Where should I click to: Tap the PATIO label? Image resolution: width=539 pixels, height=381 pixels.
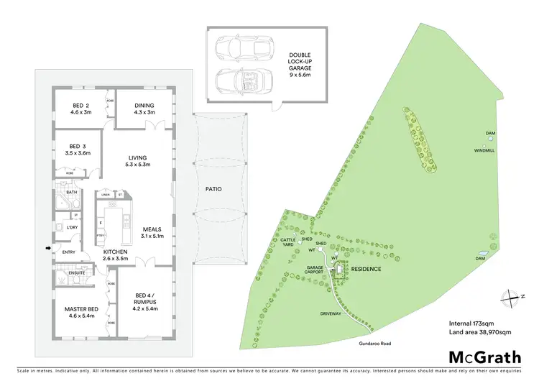[213, 189]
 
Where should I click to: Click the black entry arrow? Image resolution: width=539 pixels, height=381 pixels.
[48, 249]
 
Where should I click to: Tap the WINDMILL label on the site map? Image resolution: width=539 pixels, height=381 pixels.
[484, 150]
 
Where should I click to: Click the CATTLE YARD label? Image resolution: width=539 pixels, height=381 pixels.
[288, 242]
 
